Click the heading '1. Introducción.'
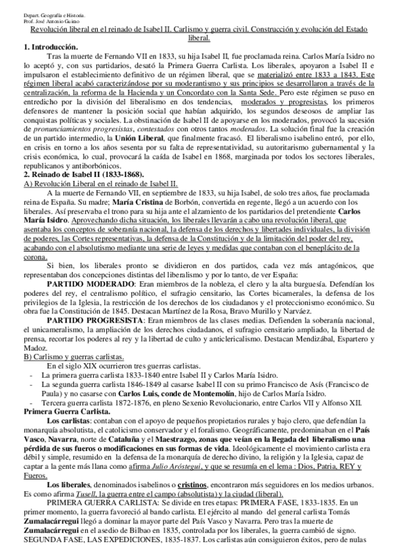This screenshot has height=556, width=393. pyautogui.click(x=50, y=48)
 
